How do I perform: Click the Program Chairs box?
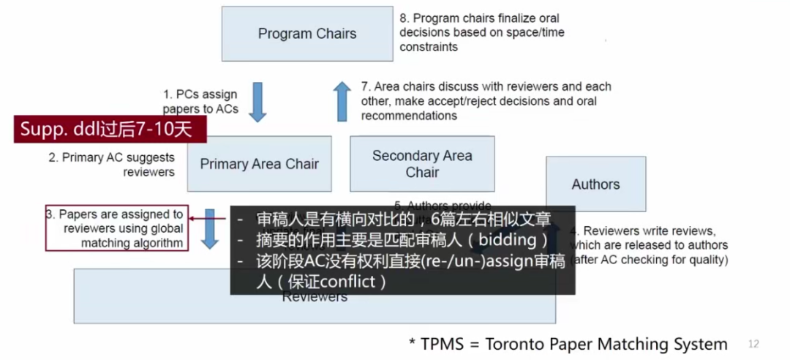pos(306,34)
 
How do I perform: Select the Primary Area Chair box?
pos(259,164)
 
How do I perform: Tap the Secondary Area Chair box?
pos(422,164)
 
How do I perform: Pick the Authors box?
pos(595,184)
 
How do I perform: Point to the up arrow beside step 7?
pos(342,101)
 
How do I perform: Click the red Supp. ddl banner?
pos(110,130)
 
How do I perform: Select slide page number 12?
pos(754,344)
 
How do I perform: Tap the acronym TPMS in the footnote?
pos(442,344)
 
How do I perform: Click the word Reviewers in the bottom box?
pos(315,297)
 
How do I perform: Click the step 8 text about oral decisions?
pos(481,32)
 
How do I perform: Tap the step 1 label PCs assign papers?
pos(200,101)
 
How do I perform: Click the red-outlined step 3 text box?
pos(117,228)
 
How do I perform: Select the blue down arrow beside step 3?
pos(211,228)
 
